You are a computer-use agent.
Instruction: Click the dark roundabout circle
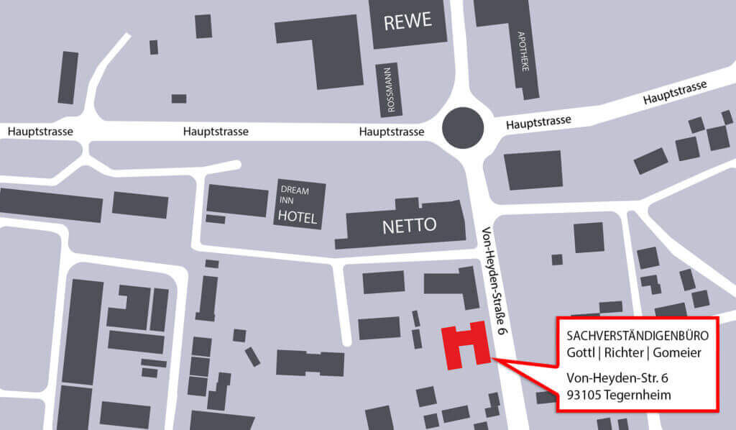click(x=463, y=128)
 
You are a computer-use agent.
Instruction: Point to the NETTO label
click(x=409, y=226)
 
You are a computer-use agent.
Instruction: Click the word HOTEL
click(x=298, y=217)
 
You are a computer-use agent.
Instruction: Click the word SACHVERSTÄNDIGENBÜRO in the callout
click(x=638, y=336)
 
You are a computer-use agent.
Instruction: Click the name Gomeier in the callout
click(x=677, y=352)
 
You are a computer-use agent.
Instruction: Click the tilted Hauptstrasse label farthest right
click(x=675, y=93)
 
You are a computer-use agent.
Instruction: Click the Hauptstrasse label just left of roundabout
click(x=391, y=132)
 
